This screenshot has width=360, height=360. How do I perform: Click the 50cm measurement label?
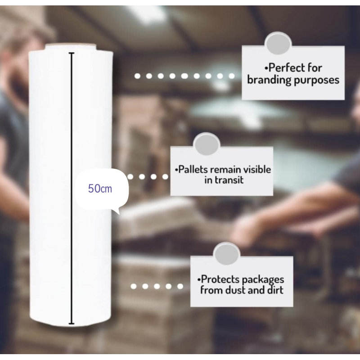tap(100, 189)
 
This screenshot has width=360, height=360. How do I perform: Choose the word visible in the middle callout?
tap(257, 170)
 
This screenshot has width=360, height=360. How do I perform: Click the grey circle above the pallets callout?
tap(207, 144)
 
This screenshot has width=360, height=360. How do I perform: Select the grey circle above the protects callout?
tap(227, 254)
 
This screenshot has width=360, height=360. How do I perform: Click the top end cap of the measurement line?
tap(72, 53)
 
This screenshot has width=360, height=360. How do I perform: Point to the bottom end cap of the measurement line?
tap(72, 323)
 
